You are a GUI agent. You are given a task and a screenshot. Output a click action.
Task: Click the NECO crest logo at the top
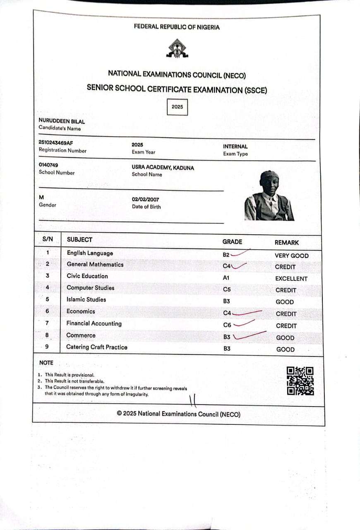pyautogui.click(x=177, y=48)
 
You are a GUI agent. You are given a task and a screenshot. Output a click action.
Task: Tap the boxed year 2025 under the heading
pyautogui.click(x=177, y=107)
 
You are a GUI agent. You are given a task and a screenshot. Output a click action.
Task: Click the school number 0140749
pyautogui.click(x=48, y=165)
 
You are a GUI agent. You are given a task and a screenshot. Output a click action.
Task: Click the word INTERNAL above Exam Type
pyautogui.click(x=235, y=147)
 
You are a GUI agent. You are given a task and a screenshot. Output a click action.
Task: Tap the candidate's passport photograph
pyautogui.click(x=269, y=196)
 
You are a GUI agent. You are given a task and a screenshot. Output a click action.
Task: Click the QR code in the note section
pyautogui.click(x=300, y=381)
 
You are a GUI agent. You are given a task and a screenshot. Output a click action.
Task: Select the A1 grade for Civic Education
pyautogui.click(x=226, y=278)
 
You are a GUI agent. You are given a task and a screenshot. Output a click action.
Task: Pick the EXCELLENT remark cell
pyautogui.click(x=291, y=279)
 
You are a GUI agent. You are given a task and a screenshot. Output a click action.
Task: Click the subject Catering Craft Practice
pyautogui.click(x=97, y=347)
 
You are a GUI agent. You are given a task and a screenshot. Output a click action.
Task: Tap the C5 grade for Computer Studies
pyautogui.click(x=227, y=290)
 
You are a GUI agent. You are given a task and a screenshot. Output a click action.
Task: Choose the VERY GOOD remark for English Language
pyautogui.click(x=291, y=255)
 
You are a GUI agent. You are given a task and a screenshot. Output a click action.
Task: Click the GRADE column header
pyautogui.click(x=232, y=242)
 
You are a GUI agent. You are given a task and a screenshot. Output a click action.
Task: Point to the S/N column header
pyautogui.click(x=47, y=239)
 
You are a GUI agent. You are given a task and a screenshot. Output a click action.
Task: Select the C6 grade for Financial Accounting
pyautogui.click(x=227, y=325)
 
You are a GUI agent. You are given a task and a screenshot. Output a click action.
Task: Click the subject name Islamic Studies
pyautogui.click(x=86, y=299)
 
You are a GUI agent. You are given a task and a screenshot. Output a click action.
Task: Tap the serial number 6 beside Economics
pyautogui.click(x=47, y=311)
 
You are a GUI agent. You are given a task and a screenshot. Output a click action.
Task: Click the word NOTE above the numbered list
pyautogui.click(x=46, y=363)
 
